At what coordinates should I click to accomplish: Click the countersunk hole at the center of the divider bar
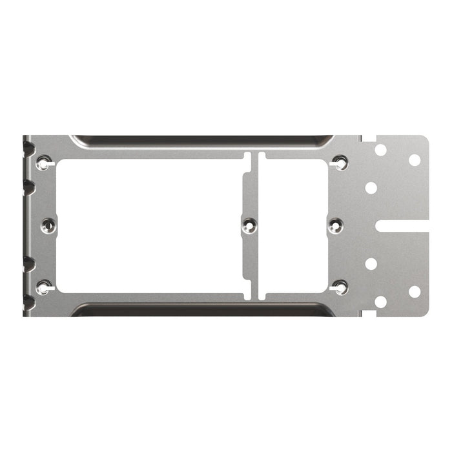pyautogui.click(x=249, y=225)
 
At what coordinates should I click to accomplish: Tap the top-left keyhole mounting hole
pyautogui.click(x=43, y=163)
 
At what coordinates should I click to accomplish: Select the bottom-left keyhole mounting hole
pyautogui.click(x=43, y=287)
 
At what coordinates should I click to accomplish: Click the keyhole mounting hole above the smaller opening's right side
pyautogui.click(x=340, y=163)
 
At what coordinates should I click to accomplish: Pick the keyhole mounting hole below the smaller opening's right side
pyautogui.click(x=340, y=287)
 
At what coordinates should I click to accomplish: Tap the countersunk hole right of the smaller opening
pyautogui.click(x=335, y=225)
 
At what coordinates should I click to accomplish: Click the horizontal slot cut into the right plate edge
pyautogui.click(x=402, y=225)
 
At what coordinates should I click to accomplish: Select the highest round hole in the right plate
pyautogui.click(x=380, y=150)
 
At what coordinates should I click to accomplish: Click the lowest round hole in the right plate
pyautogui.click(x=380, y=302)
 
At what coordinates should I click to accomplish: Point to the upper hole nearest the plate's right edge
pyautogui.click(x=415, y=159)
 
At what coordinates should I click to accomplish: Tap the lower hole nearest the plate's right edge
pyautogui.click(x=415, y=292)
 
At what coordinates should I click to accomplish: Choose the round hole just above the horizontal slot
pyautogui.click(x=371, y=188)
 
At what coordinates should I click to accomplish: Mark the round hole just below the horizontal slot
pyautogui.click(x=371, y=263)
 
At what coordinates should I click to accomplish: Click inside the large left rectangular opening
pyautogui.click(x=149, y=225)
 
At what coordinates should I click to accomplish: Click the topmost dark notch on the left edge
pyautogui.click(x=28, y=150)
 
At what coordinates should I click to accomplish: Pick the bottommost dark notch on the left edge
pyautogui.click(x=28, y=301)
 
